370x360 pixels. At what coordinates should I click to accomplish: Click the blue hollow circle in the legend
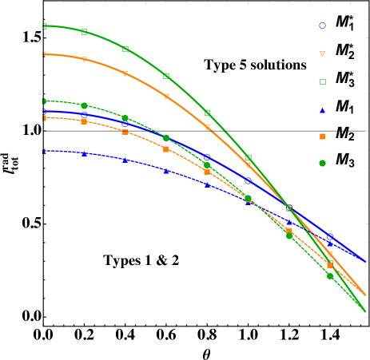click(323, 26)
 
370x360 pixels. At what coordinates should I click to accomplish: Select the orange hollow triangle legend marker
click(323, 53)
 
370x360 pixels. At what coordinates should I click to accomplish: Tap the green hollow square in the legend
click(323, 81)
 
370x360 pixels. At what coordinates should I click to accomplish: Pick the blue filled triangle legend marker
click(323, 109)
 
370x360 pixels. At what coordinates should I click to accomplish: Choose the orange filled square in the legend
click(323, 136)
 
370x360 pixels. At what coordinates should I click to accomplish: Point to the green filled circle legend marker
click(323, 164)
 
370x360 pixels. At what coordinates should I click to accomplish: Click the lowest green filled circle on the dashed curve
click(330, 276)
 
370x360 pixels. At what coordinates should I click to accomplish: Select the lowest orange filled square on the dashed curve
click(330, 265)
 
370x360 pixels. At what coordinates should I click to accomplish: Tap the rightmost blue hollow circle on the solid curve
click(330, 236)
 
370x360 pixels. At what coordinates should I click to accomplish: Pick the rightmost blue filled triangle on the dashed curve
click(330, 243)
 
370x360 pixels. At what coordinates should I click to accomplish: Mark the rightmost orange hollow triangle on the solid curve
click(330, 255)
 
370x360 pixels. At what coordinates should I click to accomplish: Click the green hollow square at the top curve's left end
click(44, 26)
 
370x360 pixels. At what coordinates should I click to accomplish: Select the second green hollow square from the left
click(84, 32)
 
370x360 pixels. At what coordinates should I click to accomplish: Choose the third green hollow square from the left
click(125, 49)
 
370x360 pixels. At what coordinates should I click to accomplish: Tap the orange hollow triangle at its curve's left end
click(44, 54)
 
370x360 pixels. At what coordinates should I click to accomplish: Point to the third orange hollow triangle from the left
click(125, 74)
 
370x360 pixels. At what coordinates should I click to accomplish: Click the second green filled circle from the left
click(84, 105)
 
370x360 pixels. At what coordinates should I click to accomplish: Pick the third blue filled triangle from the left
click(125, 160)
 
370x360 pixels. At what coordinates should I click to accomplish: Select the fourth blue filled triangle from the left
click(166, 170)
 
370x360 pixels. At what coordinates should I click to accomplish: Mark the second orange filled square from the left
click(84, 121)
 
